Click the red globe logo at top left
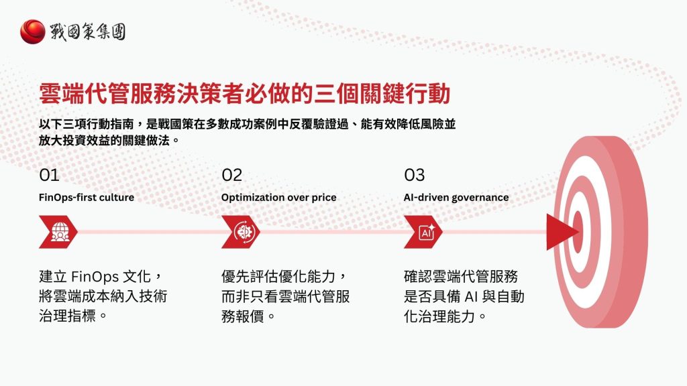pyautogui.click(x=33, y=31)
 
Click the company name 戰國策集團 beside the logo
pyautogui.click(x=87, y=31)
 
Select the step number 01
pyautogui.click(x=50, y=175)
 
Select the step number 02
pyautogui.click(x=232, y=175)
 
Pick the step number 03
pyautogui.click(x=415, y=175)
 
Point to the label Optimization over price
pyautogui.click(x=279, y=198)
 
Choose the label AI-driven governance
pyautogui.click(x=456, y=198)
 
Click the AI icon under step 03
pyautogui.click(x=425, y=232)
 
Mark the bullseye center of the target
pyautogui.click(x=577, y=231)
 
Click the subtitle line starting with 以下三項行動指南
pyautogui.click(x=248, y=125)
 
